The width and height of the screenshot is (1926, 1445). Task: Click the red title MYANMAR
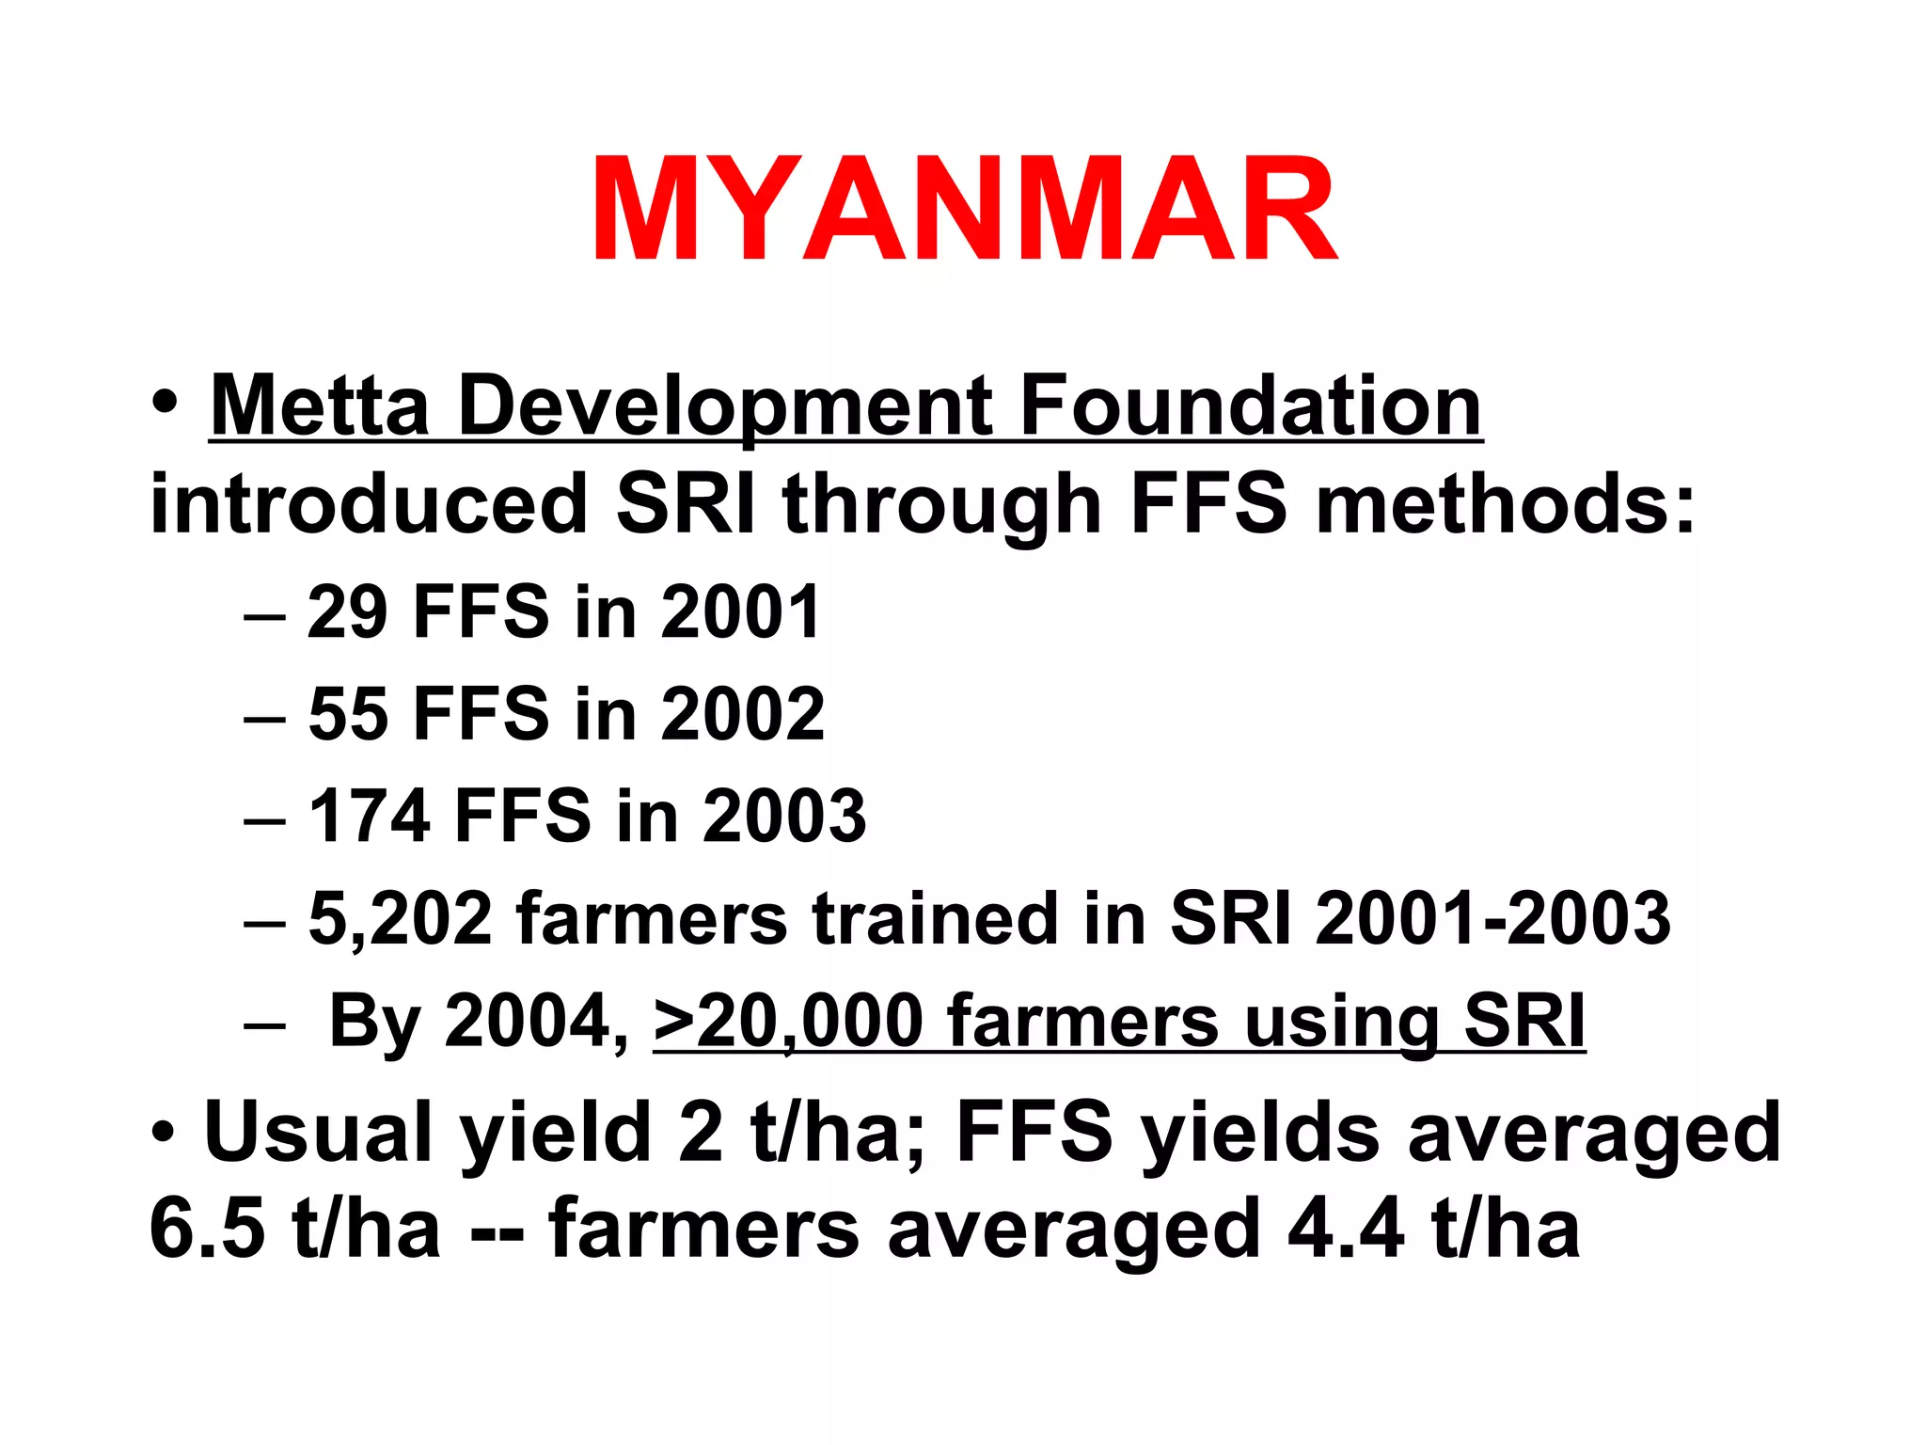pos(963,209)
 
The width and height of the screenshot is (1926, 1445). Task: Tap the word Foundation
pos(1251,406)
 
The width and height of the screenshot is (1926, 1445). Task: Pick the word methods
pos(1505,505)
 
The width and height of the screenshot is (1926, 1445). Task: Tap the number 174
pos(370,816)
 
